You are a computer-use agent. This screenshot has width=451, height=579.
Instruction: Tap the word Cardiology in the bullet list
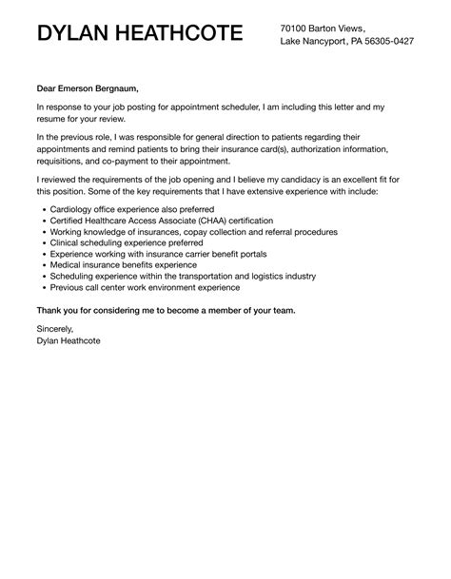point(72,209)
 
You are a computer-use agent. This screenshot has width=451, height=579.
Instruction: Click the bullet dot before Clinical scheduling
point(39,243)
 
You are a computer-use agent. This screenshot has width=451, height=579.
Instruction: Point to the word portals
point(248,254)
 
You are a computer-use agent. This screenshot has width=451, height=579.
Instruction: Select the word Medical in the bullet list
point(65,265)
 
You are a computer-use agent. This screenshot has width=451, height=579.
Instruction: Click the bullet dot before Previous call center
point(39,288)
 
